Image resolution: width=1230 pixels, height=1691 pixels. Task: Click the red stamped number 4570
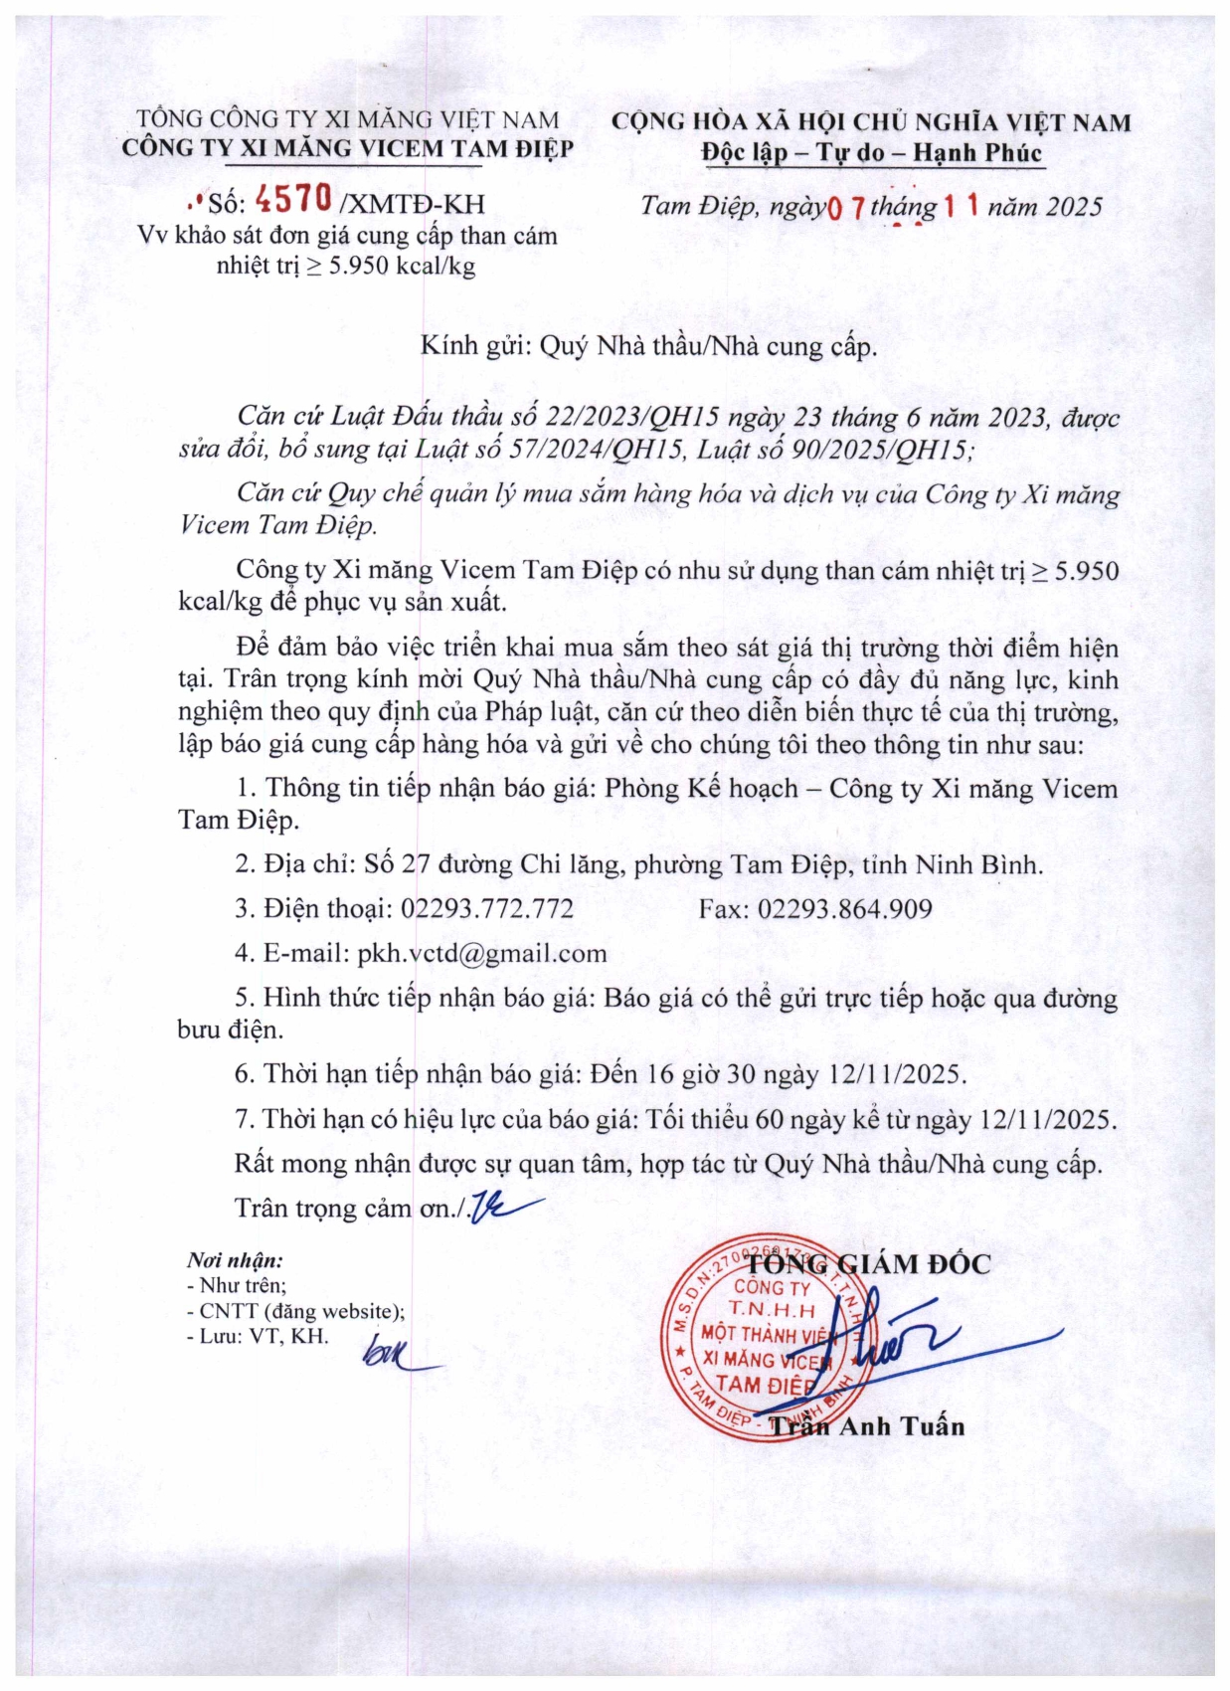293,200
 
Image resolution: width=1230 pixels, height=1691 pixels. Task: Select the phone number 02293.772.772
487,908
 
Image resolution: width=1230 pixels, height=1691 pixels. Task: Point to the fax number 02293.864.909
845,908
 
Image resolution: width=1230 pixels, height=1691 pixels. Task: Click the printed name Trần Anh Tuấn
867,1426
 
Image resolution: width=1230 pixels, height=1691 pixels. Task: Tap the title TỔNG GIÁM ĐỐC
868,1264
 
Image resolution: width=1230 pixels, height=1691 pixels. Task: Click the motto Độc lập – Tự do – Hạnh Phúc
870,153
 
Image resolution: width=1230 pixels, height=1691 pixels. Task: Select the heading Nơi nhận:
235,1260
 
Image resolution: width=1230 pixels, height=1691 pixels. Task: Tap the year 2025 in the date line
1074,207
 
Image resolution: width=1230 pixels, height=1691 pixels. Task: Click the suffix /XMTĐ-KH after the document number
413,204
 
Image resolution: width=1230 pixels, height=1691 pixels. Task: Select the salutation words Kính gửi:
478,346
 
